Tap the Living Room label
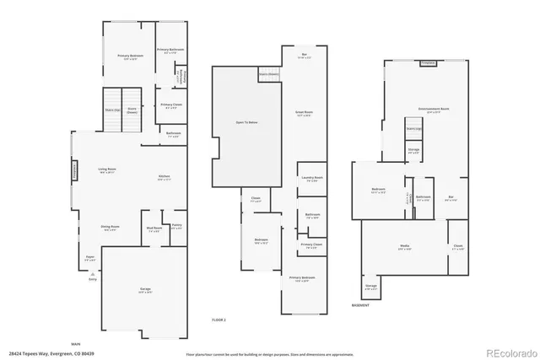click(107, 170)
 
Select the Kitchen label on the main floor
click(165, 177)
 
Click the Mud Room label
click(153, 228)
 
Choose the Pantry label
click(177, 226)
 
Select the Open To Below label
click(246, 122)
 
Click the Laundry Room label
click(312, 179)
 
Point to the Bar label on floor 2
click(305, 56)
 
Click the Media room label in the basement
click(405, 247)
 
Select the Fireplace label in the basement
click(427, 62)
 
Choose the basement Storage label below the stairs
click(413, 150)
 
